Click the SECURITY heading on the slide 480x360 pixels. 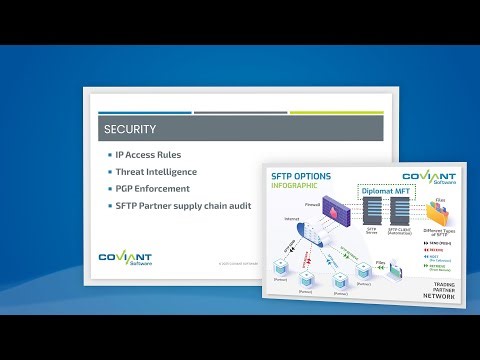tap(130, 130)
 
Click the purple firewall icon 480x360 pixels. tap(335, 212)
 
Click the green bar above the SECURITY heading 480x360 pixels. tap(336, 112)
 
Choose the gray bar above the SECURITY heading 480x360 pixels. tap(239, 112)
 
